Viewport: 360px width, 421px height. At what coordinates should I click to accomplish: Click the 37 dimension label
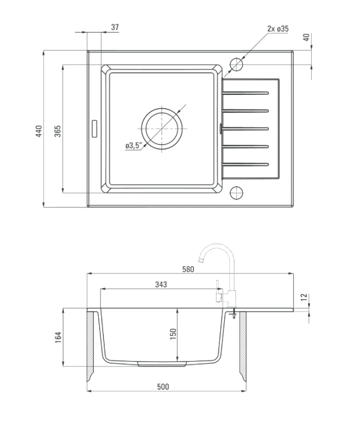(x=115, y=27)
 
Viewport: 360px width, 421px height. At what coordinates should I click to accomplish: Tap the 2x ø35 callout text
(x=278, y=29)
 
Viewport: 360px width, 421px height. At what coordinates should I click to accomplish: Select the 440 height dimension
(x=39, y=131)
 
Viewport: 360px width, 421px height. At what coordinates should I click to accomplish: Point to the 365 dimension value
(x=58, y=131)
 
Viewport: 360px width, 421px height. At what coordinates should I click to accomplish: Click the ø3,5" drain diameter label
(x=133, y=145)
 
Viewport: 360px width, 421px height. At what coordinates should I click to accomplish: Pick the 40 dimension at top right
(x=306, y=37)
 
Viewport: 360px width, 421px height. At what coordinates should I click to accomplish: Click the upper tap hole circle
(x=236, y=65)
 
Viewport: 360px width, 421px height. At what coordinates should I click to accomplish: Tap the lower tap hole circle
(x=236, y=193)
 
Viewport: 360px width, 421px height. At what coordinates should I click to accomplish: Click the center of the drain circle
(x=162, y=129)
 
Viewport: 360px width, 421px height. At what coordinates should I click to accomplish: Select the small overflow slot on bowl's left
(x=94, y=129)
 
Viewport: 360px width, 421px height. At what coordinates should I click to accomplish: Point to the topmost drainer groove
(x=245, y=93)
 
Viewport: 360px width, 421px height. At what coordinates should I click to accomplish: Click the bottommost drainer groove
(x=245, y=164)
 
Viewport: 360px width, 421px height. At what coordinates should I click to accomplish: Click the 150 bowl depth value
(x=173, y=334)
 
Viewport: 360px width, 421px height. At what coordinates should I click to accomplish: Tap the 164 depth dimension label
(x=58, y=337)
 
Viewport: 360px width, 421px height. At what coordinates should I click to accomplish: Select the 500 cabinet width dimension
(x=163, y=387)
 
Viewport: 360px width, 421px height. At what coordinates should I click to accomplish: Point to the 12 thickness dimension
(x=304, y=297)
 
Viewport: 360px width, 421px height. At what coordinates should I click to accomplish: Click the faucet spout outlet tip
(x=200, y=260)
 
